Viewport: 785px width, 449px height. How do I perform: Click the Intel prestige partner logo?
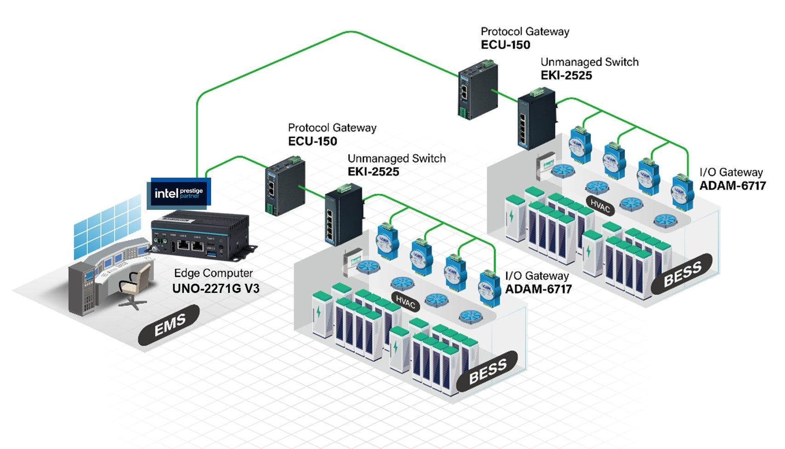point(178,193)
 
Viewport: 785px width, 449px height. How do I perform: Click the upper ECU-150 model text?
point(505,45)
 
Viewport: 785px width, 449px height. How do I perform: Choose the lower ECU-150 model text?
point(313,141)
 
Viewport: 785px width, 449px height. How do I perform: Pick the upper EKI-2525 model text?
point(566,75)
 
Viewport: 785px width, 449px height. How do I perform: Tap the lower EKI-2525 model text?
point(373,172)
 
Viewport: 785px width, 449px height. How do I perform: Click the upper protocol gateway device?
point(477,90)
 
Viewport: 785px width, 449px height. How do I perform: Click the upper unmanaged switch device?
point(537,121)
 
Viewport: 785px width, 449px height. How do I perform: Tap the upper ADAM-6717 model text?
point(733,185)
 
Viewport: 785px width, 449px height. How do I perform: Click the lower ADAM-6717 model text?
point(539,289)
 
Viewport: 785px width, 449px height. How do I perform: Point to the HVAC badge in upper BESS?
point(600,206)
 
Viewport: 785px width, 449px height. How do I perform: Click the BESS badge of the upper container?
point(682,274)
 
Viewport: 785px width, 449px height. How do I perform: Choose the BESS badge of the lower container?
point(487,371)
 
